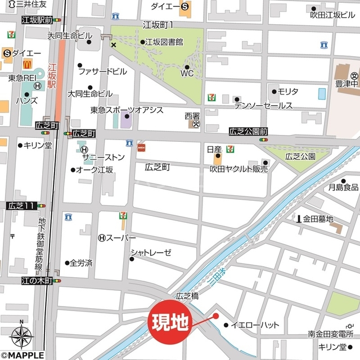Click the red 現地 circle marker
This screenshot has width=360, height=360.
170,321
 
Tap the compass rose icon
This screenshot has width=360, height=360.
21,336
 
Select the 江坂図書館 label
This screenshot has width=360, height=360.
164,42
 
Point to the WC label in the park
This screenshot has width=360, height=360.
187,73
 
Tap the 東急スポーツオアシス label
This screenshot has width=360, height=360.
127,110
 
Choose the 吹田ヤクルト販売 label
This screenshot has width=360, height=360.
238,169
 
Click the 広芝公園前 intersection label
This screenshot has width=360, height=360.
248,132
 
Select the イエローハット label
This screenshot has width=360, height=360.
251,325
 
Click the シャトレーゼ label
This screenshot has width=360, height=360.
150,253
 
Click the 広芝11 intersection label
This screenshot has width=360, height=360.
22,206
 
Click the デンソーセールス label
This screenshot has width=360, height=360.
263,106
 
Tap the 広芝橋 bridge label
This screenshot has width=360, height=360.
188,295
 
